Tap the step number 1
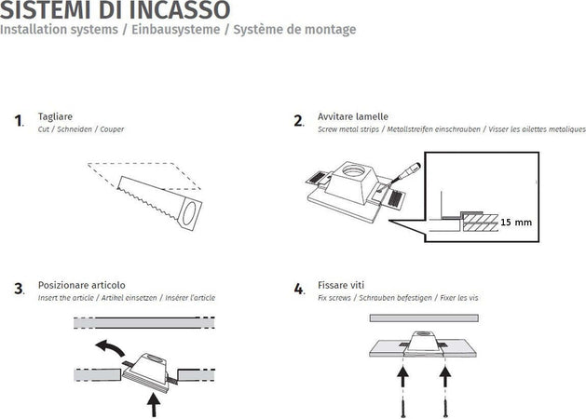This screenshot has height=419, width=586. [19, 121]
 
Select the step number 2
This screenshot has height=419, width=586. [298, 121]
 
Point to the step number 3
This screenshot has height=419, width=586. [19, 289]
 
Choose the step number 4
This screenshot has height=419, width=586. [299, 290]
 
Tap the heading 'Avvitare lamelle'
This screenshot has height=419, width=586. [353, 117]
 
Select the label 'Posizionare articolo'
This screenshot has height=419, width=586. [82, 285]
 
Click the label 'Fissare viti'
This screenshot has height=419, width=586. [341, 285]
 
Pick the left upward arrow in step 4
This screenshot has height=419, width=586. [403, 377]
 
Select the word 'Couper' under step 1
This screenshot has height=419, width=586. [112, 129]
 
